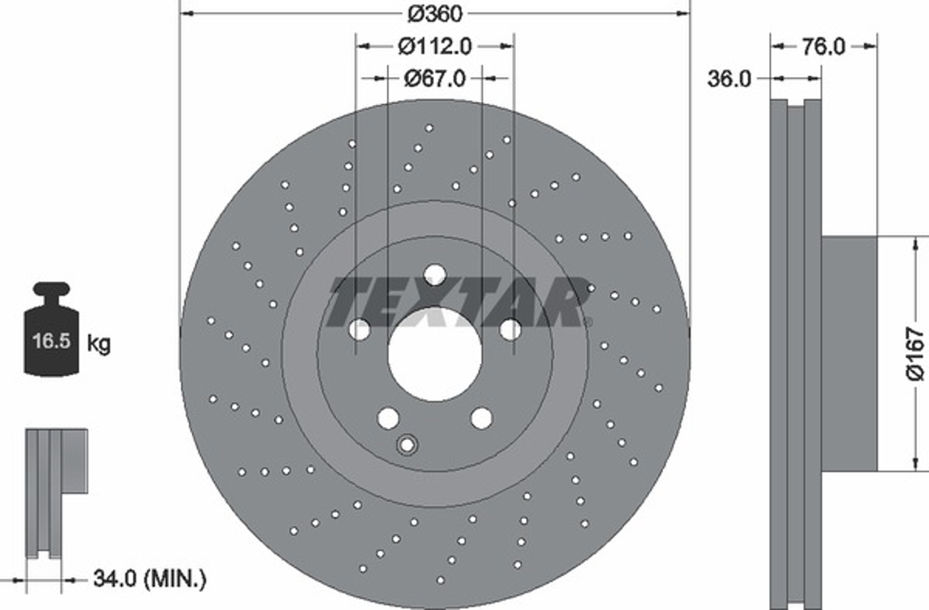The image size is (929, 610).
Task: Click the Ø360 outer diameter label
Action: point(435,14)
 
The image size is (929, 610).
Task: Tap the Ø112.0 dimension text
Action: point(435,47)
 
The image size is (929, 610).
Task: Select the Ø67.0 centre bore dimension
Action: point(435,79)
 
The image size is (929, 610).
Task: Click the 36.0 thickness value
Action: point(729,79)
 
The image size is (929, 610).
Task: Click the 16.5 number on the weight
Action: point(51,341)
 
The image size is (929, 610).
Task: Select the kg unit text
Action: point(99,344)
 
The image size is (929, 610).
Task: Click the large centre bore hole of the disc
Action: point(434,355)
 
